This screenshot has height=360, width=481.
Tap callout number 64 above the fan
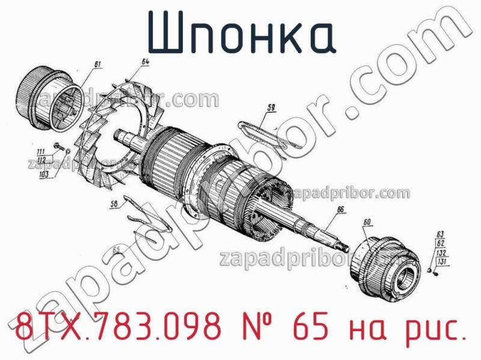click(146, 61)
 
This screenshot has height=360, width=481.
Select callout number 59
click(271, 108)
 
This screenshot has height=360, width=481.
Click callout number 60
click(368, 223)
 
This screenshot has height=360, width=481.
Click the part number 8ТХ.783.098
click(115, 329)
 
